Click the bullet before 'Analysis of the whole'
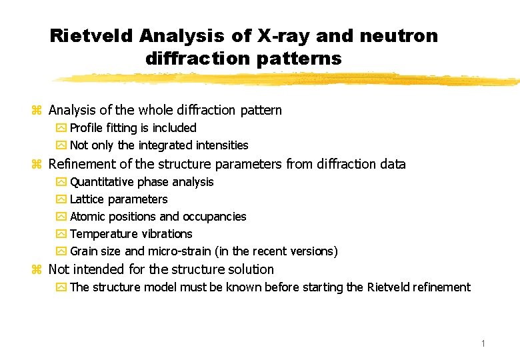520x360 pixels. pyautogui.click(x=37, y=111)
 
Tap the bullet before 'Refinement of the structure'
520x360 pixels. pyautogui.click(x=37, y=165)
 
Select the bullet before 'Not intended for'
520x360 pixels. pyautogui.click(x=37, y=270)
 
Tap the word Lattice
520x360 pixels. pyautogui.click(x=87, y=199)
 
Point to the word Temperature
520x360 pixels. pyautogui.click(x=103, y=234)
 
